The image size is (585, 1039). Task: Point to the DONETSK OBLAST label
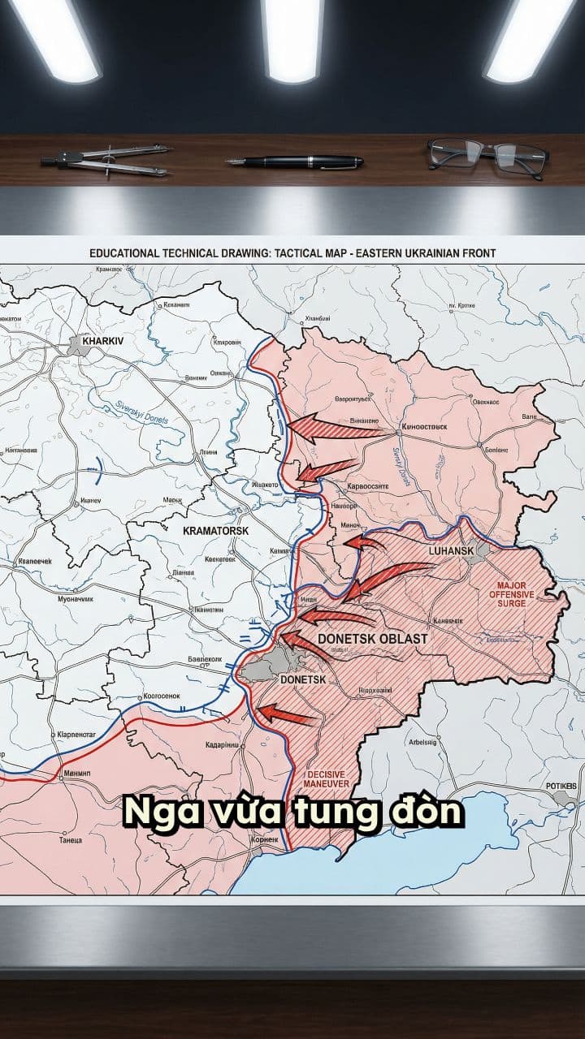(372, 639)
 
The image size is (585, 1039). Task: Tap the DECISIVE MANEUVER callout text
(327, 779)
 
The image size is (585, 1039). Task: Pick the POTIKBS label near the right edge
(561, 786)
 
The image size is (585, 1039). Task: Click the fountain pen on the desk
(294, 162)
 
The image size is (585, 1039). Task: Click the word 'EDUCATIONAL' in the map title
(124, 253)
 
